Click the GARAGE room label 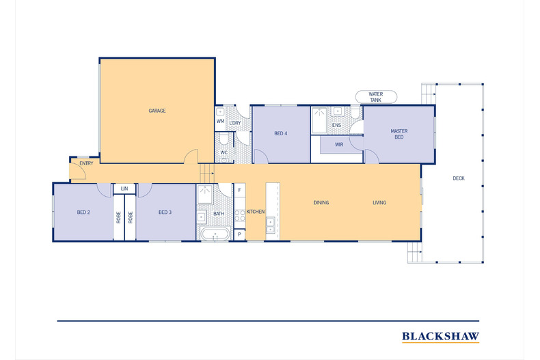click(157, 111)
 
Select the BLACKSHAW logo click(440, 336)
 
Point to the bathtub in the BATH click(215, 234)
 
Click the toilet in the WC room click(224, 139)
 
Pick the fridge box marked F click(240, 190)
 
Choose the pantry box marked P click(240, 235)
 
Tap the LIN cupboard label click(124, 189)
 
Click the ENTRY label click(86, 163)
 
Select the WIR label click(339, 145)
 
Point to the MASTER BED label click(399, 134)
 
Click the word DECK click(459, 178)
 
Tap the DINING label click(321, 203)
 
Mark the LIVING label click(379, 203)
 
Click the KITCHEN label click(256, 212)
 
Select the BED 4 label click(281, 133)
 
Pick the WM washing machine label click(220, 121)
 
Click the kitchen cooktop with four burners click(240, 216)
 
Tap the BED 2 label click(83, 212)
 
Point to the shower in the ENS click(319, 120)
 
